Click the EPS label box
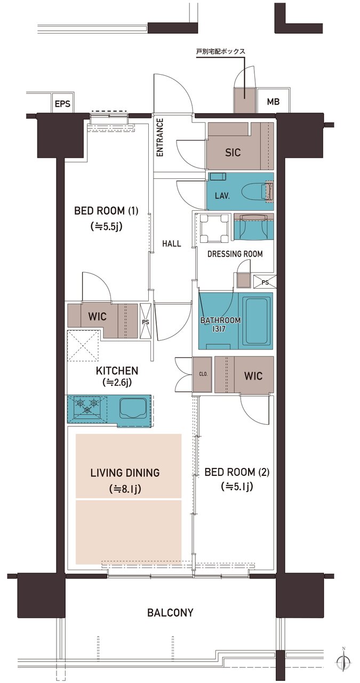click(x=62, y=104)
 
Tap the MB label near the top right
click(x=273, y=101)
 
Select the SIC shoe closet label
click(x=233, y=152)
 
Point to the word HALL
click(x=172, y=243)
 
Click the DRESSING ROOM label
click(x=235, y=253)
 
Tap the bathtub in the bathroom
click(x=258, y=320)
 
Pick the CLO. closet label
click(x=203, y=374)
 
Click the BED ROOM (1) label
click(x=106, y=211)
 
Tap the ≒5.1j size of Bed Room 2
click(x=237, y=486)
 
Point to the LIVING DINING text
click(x=125, y=472)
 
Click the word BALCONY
click(x=170, y=612)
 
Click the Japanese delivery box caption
click(x=220, y=51)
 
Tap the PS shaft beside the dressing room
click(x=265, y=282)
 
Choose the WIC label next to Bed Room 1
click(x=97, y=316)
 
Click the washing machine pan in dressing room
click(x=214, y=228)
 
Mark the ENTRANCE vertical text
click(x=159, y=138)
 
